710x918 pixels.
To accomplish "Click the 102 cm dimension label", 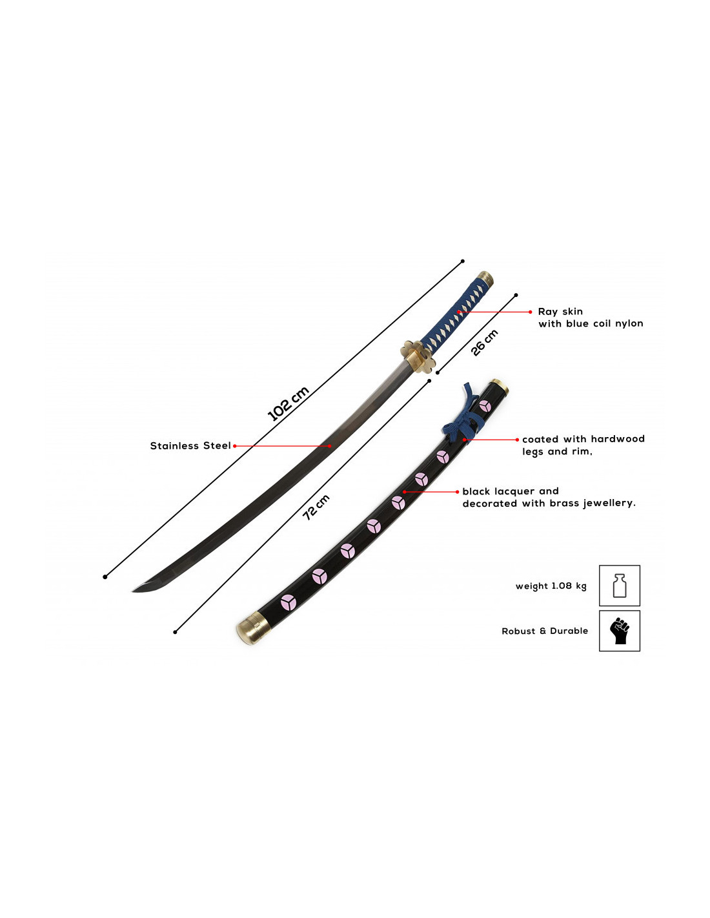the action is pyautogui.click(x=288, y=403).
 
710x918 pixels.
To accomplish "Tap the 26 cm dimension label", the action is pyautogui.click(x=485, y=342).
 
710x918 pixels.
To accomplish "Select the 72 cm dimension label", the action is pyautogui.click(x=316, y=507).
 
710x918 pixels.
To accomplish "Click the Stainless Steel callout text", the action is pyautogui.click(x=190, y=445).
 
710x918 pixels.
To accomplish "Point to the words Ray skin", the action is pyautogui.click(x=560, y=312).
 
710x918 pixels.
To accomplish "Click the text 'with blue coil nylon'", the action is pyautogui.click(x=591, y=323).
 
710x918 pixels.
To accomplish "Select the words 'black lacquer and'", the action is pyautogui.click(x=510, y=491).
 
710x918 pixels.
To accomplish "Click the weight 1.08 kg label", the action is pyautogui.click(x=551, y=586).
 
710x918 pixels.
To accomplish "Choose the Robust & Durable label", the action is pyautogui.click(x=544, y=631).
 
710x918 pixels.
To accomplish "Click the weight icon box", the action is pyautogui.click(x=619, y=586).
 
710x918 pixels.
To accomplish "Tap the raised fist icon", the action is pyautogui.click(x=619, y=631).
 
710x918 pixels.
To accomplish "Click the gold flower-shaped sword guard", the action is pyautogui.click(x=418, y=356).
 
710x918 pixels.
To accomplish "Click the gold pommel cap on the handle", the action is pyautogui.click(x=485, y=279).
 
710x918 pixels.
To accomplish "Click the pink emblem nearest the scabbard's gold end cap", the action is pyautogui.click(x=289, y=603).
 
